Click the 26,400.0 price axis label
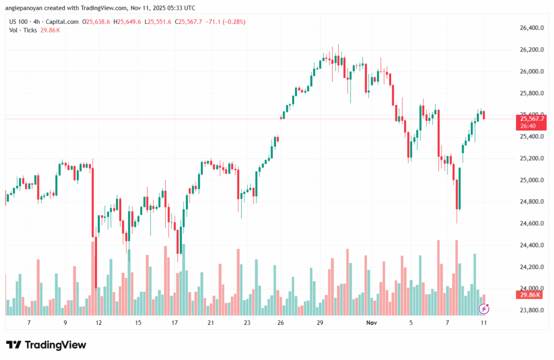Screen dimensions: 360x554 (531, 28)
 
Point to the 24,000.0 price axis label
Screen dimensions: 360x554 (531, 289)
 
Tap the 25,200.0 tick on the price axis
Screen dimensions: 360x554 (531, 159)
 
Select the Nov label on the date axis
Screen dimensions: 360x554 (372, 323)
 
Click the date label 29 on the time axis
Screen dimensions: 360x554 (320, 323)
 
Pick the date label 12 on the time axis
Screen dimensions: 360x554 (99, 323)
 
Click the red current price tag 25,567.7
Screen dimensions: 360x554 (532, 119)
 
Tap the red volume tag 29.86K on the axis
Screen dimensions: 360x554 (531, 294)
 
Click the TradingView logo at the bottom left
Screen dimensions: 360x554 (46, 345)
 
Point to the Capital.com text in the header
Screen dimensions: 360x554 (61, 22)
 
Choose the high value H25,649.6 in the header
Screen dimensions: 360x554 (126, 22)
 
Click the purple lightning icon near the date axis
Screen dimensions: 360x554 (485, 309)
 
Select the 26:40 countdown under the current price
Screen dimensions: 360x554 (528, 126)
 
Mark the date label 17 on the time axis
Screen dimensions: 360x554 (175, 323)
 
